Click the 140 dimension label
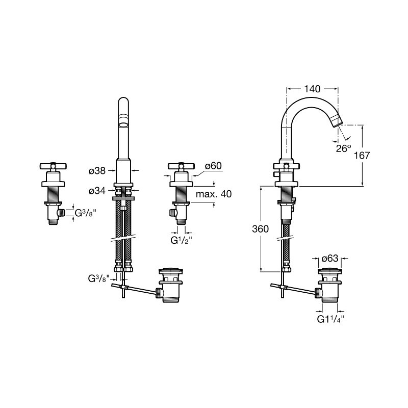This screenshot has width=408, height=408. click(x=312, y=89)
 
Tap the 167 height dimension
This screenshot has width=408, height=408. click(x=362, y=156)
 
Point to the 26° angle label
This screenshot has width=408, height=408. click(x=343, y=149)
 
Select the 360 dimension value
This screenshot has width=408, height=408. click(x=260, y=229)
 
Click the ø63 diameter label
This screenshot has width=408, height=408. click(x=330, y=259)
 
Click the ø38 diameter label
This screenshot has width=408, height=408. click(x=97, y=171)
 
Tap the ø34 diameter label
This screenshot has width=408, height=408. click(x=97, y=191)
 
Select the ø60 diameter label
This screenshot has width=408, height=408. click(x=213, y=166)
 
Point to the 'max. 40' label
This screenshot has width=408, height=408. click(x=214, y=194)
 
